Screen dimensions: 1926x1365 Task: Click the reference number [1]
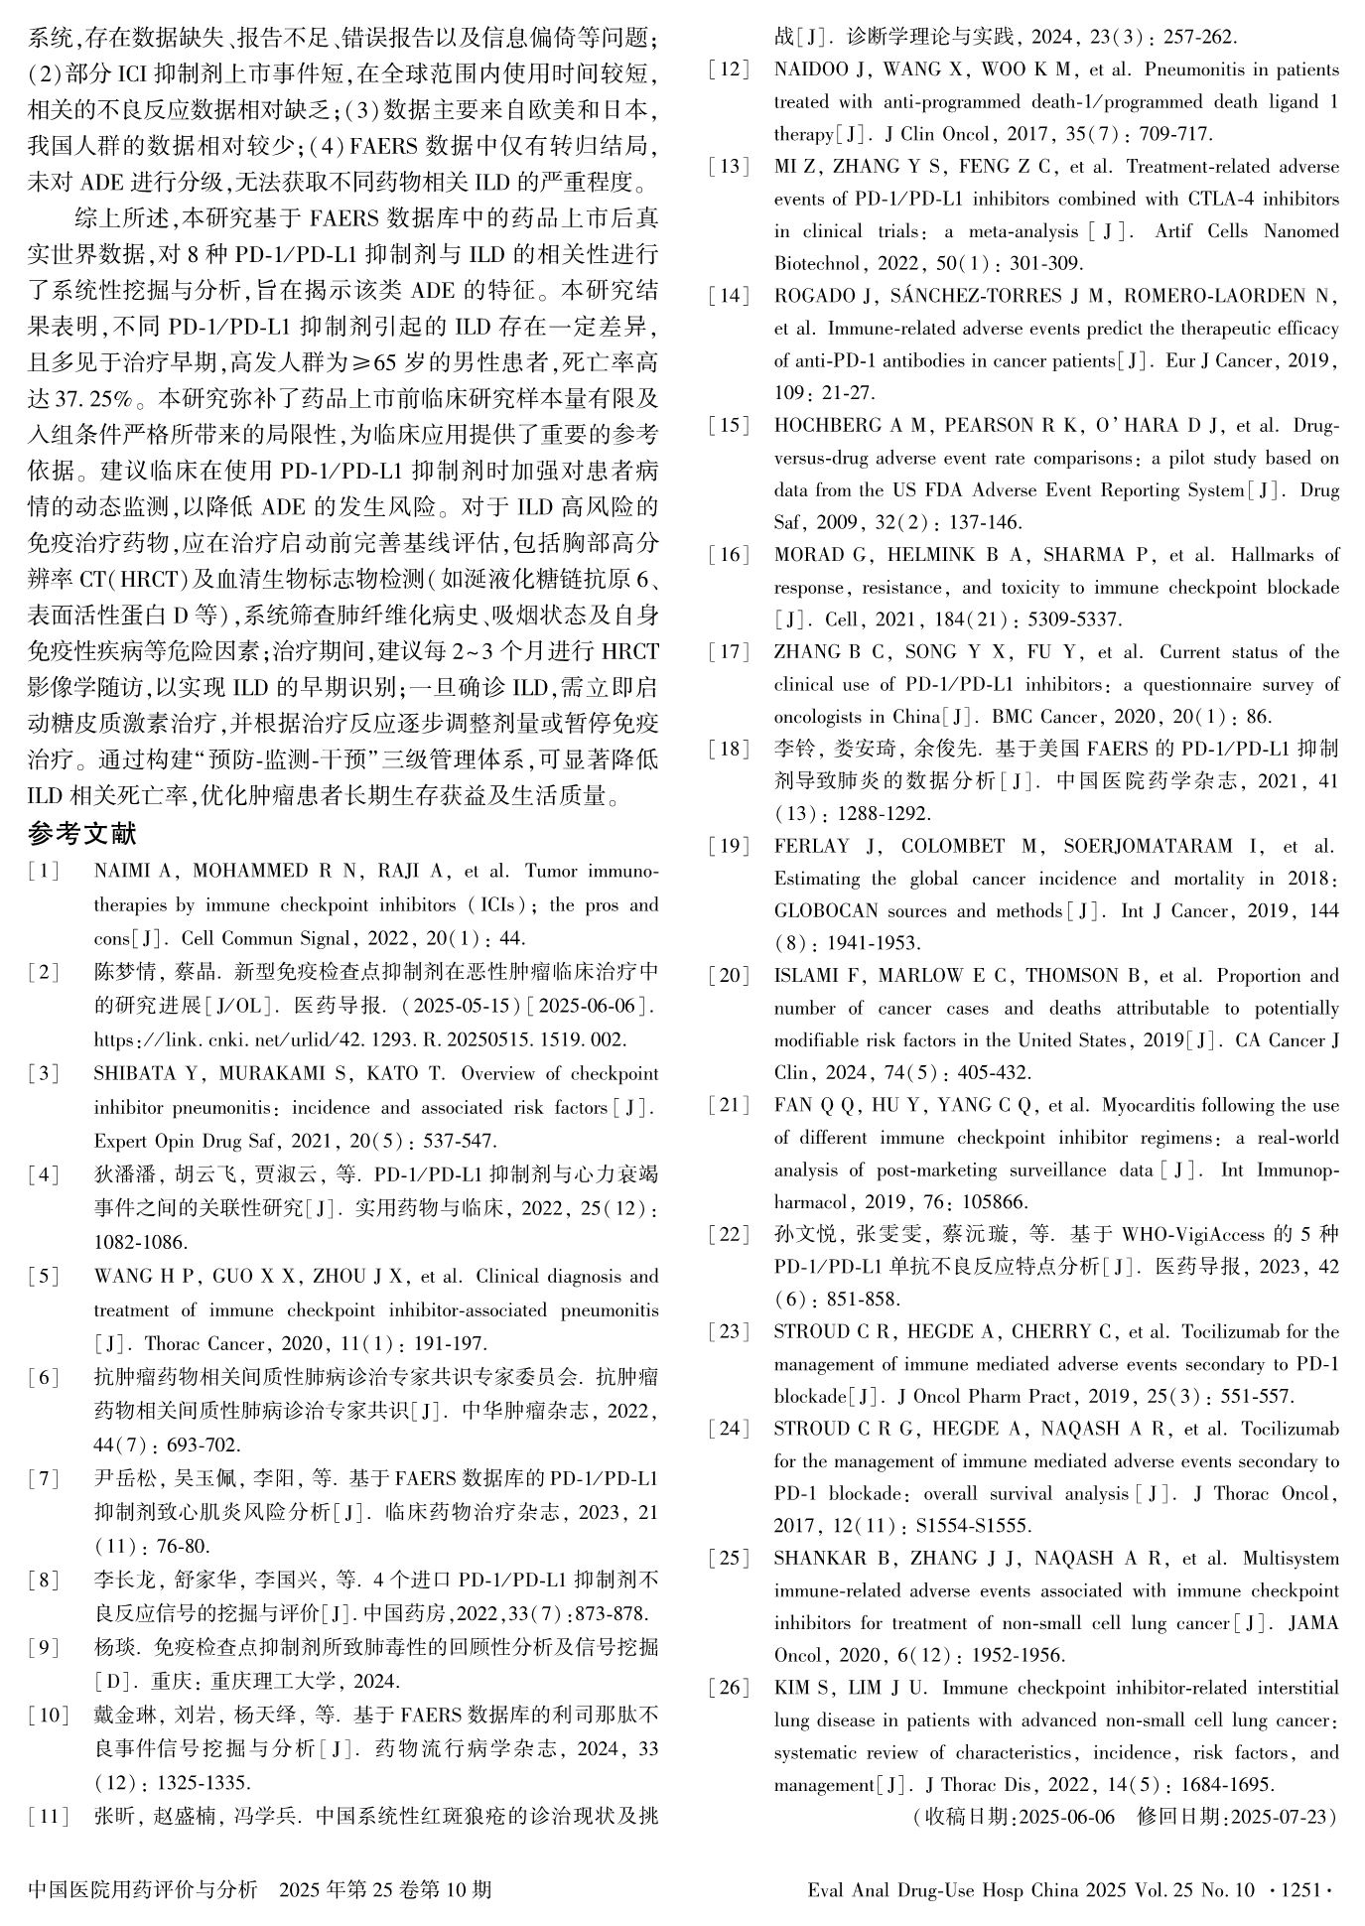(45, 872)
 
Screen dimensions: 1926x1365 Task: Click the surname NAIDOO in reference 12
(809, 69)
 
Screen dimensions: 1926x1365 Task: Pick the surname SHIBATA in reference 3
(130, 1074)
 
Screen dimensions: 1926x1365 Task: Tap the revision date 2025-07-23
(1282, 1817)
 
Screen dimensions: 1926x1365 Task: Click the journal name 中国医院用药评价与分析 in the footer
(143, 1889)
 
